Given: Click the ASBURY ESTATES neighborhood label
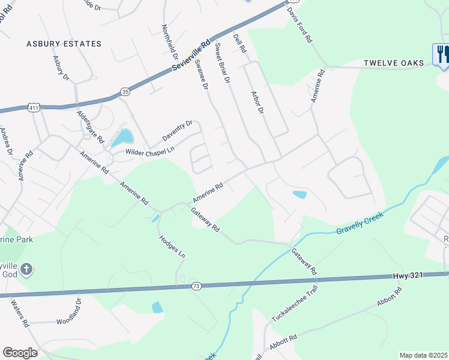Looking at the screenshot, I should click(x=64, y=44).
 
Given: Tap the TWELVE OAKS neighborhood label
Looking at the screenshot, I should click(x=394, y=63).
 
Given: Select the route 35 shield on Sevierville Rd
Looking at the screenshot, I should click(x=125, y=91).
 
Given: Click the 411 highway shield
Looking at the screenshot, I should click(x=34, y=107).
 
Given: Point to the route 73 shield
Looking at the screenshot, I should click(x=196, y=286).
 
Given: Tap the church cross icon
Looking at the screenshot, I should click(x=26, y=269).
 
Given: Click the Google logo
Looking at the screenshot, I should click(x=20, y=352).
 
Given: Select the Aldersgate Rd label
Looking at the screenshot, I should click(x=90, y=127).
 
